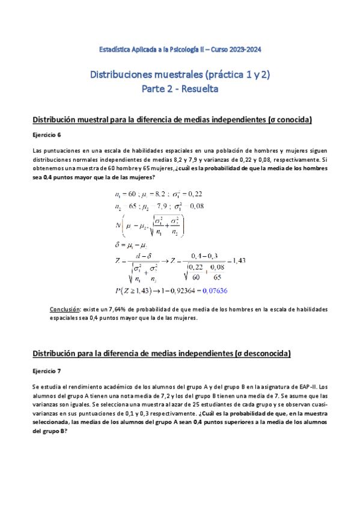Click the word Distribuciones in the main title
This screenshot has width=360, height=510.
tap(123, 75)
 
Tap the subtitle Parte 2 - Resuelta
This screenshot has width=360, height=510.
tap(180, 89)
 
